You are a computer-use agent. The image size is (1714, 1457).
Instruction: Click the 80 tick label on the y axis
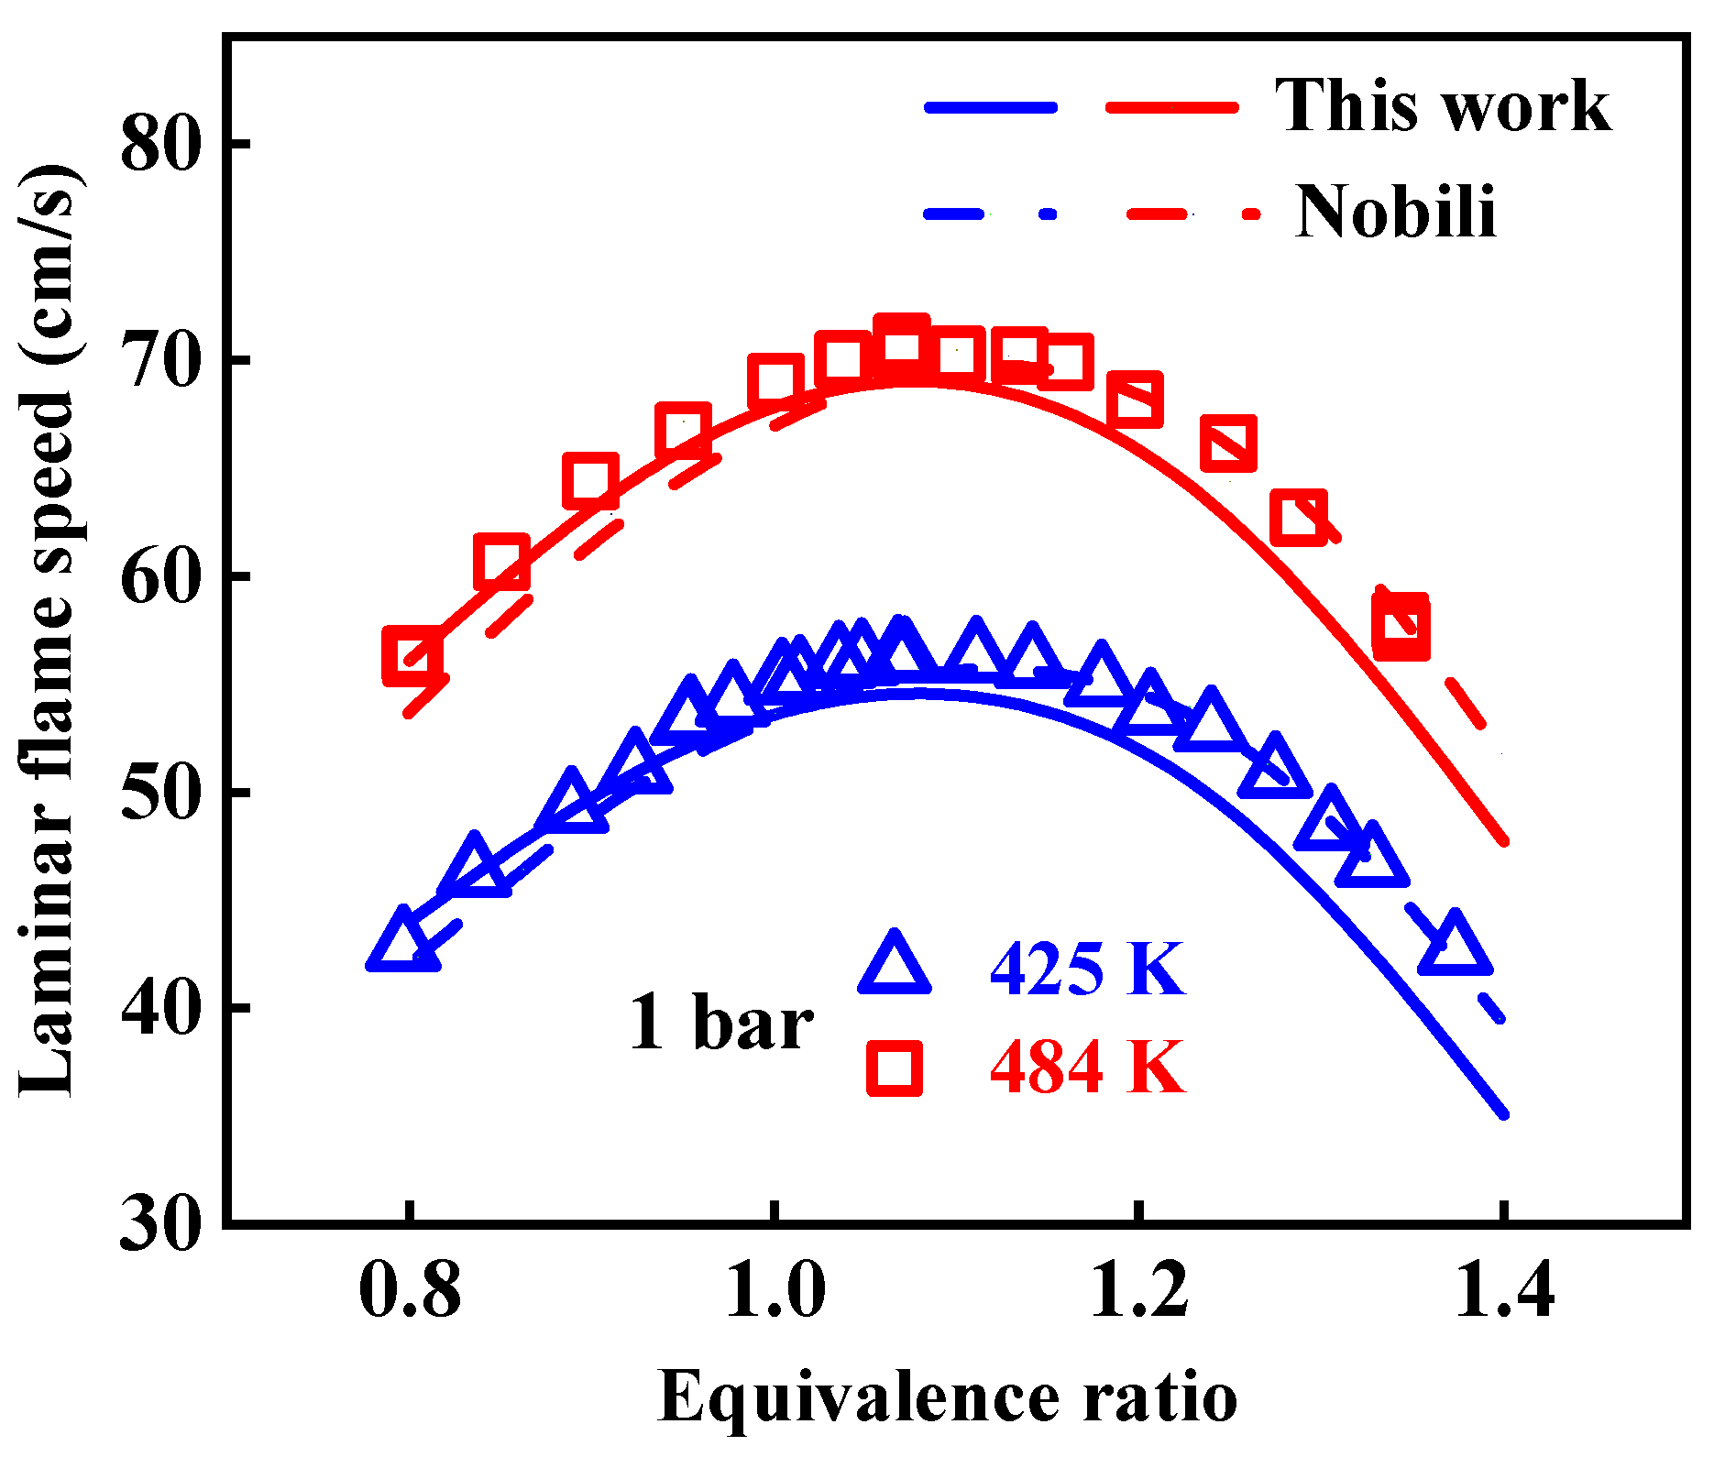[160, 144]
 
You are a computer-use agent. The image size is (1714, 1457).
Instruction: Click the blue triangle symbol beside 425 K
[895, 968]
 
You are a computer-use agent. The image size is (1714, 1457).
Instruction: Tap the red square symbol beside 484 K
[895, 1068]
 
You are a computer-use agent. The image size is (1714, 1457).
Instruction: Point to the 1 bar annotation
[720, 1022]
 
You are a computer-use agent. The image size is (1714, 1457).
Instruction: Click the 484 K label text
[1087, 1068]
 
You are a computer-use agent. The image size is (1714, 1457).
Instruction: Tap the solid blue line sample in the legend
[990, 107]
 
